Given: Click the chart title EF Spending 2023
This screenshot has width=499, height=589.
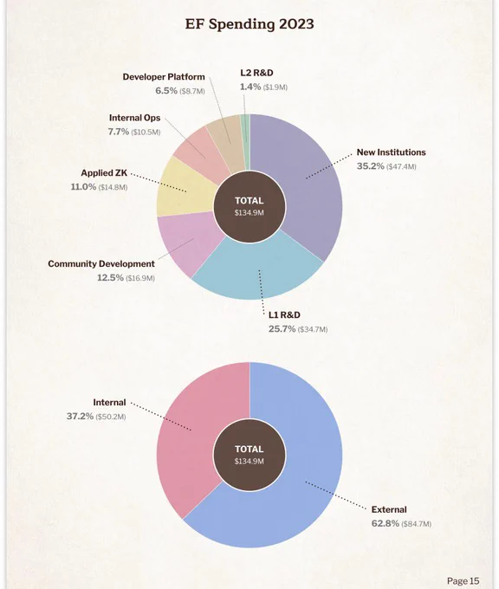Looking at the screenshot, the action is (249, 24).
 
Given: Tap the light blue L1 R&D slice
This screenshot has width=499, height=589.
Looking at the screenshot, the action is (259, 270).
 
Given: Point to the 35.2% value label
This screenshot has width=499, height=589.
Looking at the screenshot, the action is (370, 166).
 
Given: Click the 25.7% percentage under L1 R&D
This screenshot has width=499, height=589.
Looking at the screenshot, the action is (282, 329).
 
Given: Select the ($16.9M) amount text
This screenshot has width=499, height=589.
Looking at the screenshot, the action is (140, 278).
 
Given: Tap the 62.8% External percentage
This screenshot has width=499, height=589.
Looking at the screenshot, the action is (386, 523).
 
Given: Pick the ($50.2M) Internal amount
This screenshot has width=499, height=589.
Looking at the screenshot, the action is (111, 417).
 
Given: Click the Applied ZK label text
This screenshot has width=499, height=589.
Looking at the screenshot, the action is (104, 172).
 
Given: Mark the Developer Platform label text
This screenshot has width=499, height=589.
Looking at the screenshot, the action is (164, 77).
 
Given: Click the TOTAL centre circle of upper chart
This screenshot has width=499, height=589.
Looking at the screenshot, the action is (249, 207).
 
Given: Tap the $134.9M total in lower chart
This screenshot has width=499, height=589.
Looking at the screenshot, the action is (249, 461).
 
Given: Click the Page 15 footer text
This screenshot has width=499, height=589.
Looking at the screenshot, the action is (463, 581).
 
